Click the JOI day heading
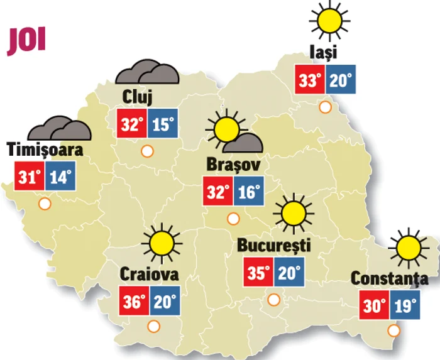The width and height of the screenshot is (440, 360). [26, 41]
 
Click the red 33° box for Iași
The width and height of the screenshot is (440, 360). [311, 79]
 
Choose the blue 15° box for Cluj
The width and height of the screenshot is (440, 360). [162, 124]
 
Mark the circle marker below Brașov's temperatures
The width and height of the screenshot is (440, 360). [233, 219]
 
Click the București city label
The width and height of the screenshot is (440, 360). [274, 245]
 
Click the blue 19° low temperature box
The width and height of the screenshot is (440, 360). [405, 306]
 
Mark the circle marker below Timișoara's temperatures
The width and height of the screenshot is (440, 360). [45, 204]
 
